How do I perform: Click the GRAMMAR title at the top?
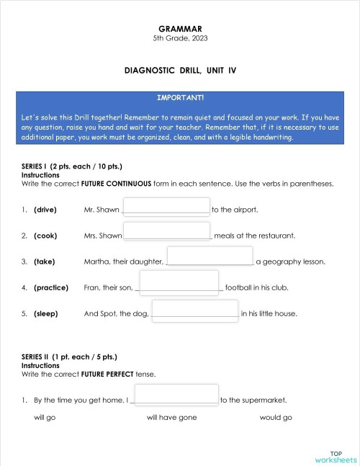tap(180, 29)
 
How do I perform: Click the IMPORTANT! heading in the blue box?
tap(180, 97)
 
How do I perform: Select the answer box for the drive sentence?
tap(166, 207)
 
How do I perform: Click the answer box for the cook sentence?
tap(166, 231)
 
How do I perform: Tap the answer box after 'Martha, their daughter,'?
tap(210, 256)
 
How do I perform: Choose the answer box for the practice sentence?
tap(179, 282)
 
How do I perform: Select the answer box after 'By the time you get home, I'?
tap(176, 395)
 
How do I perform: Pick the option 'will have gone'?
tap(171, 418)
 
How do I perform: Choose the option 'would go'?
tap(276, 418)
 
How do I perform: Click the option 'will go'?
tap(45, 418)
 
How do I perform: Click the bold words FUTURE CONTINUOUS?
tap(116, 184)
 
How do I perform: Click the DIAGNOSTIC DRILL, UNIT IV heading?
tap(180, 71)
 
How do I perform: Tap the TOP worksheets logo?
tap(336, 457)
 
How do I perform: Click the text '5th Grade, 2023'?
tap(180, 38)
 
